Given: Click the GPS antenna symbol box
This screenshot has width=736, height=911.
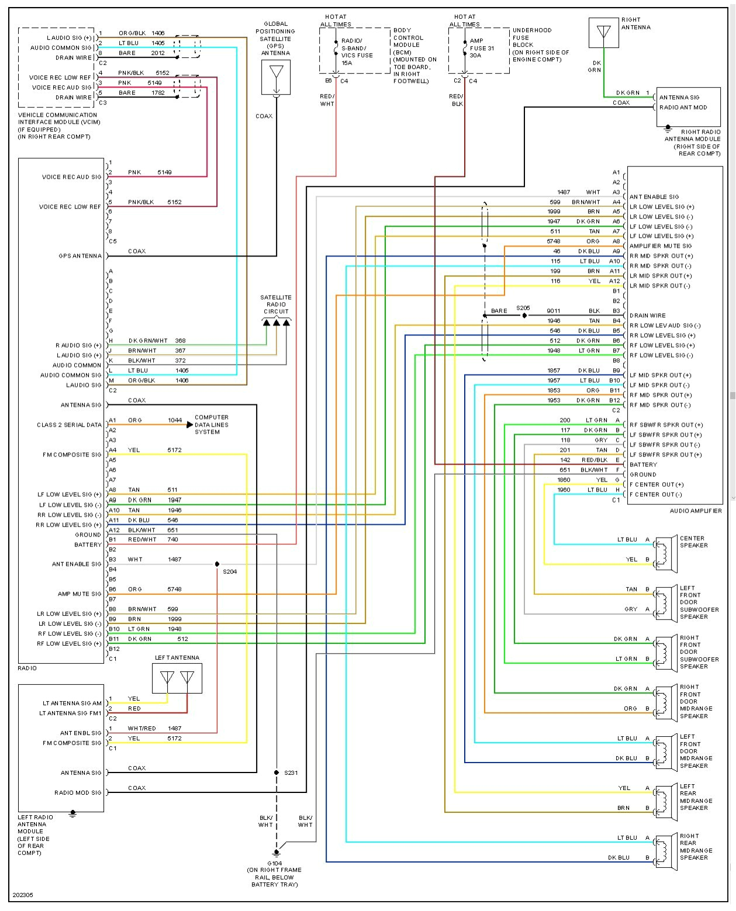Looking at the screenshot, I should (277, 77).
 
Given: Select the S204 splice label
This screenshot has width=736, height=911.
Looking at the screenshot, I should (230, 571).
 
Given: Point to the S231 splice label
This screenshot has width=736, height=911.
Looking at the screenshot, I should (291, 773).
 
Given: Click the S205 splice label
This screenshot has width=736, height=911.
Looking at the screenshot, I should (523, 308).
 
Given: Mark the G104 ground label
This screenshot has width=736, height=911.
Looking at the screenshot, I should (275, 863).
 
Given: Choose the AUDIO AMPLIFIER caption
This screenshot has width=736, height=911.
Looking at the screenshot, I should (696, 511).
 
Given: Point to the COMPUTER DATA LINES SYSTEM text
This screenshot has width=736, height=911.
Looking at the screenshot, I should (211, 425).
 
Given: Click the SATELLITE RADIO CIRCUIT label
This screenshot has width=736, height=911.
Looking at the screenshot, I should (276, 304).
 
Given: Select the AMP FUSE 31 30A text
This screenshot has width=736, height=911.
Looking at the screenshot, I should (482, 49).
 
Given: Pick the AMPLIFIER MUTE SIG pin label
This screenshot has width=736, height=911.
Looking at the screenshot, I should (660, 246).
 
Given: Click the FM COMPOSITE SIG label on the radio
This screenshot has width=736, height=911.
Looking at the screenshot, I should (72, 455).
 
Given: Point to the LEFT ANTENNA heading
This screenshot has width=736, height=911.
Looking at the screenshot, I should (177, 658).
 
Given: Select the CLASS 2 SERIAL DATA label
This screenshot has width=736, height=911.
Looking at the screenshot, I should (69, 425).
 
